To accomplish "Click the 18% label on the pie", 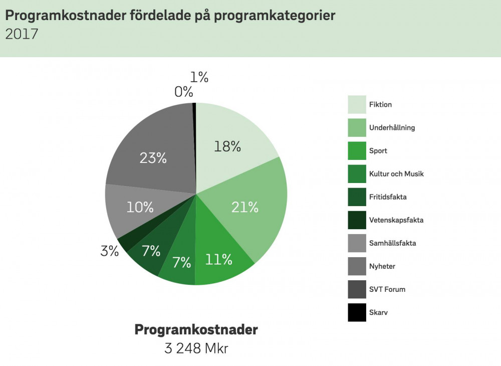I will point(227,146).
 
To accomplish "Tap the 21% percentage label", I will point(245,207).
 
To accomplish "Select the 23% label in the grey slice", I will point(153,158).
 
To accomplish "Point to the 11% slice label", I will point(219,259).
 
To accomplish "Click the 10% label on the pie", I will point(140,207).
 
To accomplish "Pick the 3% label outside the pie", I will point(110,251).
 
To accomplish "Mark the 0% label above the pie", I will point(184,92).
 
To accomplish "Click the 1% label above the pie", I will point(199,77).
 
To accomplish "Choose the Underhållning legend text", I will point(392,128).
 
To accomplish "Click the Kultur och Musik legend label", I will point(396,174).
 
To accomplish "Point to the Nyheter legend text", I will point(382,266).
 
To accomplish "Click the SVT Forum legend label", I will point(387,289).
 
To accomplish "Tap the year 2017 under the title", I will point(22,34).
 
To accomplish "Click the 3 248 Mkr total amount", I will point(196,348).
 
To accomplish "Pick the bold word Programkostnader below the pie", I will point(196,330).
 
